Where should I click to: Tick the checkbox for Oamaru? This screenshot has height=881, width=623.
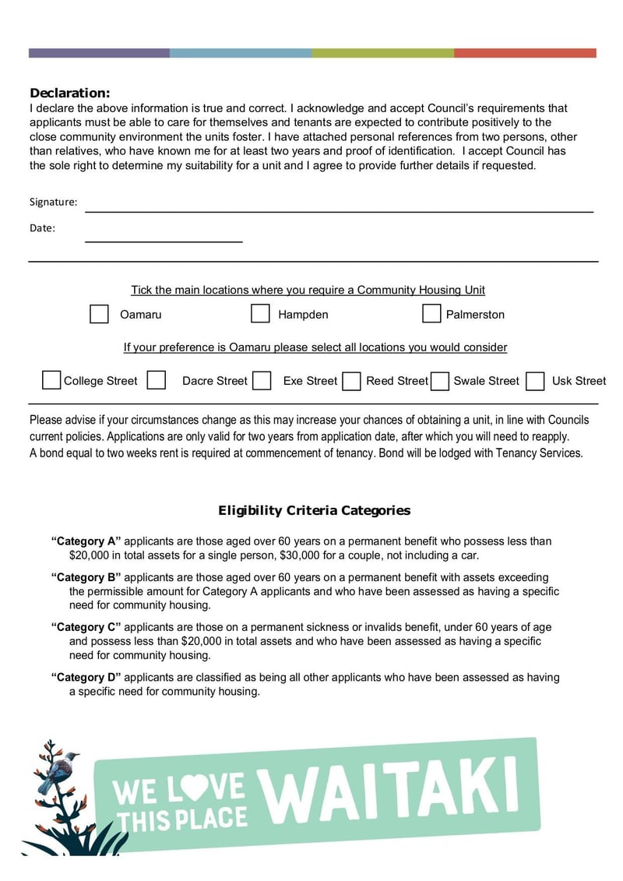click(x=99, y=314)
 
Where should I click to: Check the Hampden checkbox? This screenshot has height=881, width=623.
click(x=260, y=314)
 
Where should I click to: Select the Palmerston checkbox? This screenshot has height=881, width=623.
click(x=431, y=313)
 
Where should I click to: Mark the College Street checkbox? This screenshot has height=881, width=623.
click(x=51, y=380)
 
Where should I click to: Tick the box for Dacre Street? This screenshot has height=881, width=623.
click(x=157, y=380)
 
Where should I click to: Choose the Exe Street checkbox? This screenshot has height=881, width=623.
click(x=262, y=380)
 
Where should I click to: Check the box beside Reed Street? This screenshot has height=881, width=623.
click(x=352, y=380)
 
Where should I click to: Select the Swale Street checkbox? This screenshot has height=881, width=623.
click(x=440, y=380)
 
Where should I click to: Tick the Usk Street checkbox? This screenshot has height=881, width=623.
click(x=535, y=380)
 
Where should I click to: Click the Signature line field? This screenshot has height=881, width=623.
click(x=339, y=203)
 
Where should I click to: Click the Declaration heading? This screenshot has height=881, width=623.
click(x=70, y=93)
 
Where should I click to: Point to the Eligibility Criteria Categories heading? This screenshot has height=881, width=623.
click(x=314, y=511)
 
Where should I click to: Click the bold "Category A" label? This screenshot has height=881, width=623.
click(x=86, y=541)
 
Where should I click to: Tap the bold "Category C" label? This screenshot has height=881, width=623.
click(x=86, y=627)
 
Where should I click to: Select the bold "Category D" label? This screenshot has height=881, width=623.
click(x=86, y=678)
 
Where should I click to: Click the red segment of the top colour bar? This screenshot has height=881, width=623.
click(x=525, y=53)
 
